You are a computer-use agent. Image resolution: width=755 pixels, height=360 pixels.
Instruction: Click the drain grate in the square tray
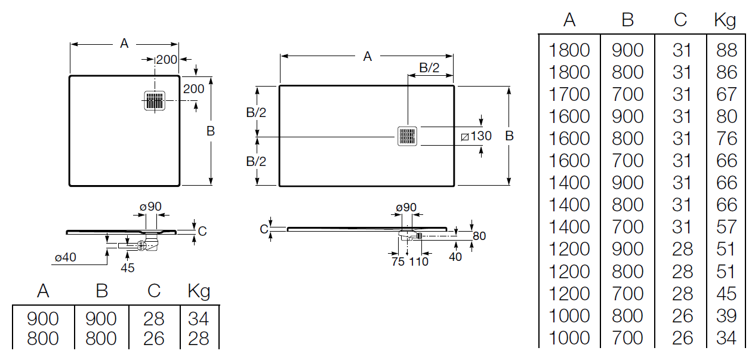tap(155, 100)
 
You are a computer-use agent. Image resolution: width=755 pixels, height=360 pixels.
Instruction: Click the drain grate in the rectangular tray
tap(407, 136)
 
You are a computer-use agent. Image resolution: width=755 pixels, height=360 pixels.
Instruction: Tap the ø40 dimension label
tap(66, 257)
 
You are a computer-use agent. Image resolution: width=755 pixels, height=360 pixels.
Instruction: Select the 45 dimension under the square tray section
tap(127, 268)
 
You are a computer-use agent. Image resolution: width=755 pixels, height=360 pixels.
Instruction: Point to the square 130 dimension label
tap(476, 136)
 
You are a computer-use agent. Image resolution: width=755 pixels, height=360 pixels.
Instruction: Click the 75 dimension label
tap(398, 261)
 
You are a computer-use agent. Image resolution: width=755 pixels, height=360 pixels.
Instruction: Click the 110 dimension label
tap(418, 261)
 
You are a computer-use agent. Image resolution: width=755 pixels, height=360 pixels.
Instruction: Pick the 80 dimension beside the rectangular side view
tap(479, 236)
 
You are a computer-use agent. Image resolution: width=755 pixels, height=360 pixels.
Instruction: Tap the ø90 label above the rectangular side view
tap(406, 207)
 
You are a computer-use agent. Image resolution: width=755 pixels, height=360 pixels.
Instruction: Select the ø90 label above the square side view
tap(150, 207)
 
